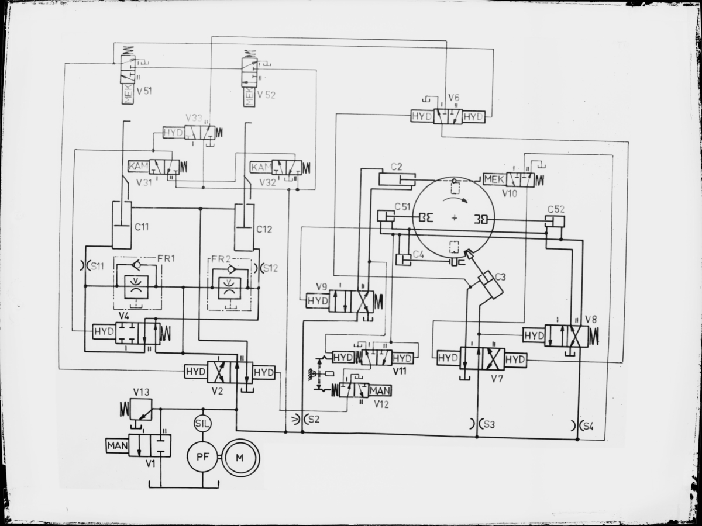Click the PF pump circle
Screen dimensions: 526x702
[x=202, y=456]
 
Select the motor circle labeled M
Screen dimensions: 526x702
[x=239, y=457]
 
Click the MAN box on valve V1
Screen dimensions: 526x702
[x=116, y=445]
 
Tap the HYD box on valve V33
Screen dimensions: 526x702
[x=173, y=133]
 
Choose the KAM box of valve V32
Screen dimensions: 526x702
[x=260, y=167]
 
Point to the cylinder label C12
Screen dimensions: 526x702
[x=264, y=229]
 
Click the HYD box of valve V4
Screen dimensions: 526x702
[x=104, y=332]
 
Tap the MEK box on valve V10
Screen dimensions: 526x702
[x=494, y=179]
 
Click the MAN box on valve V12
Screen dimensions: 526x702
[x=380, y=390]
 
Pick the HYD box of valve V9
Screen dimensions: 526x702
[x=318, y=300]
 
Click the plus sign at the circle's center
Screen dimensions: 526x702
[x=455, y=218]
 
